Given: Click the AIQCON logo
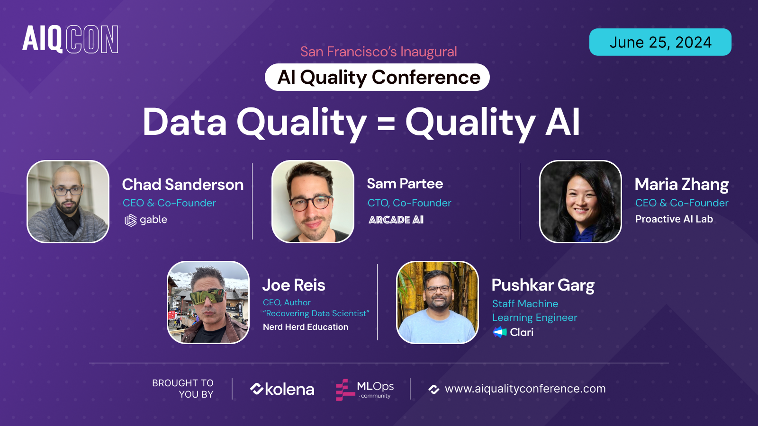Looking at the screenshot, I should [x=70, y=39].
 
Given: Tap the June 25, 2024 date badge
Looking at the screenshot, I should [x=660, y=42].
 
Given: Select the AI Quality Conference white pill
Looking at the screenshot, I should [x=377, y=77].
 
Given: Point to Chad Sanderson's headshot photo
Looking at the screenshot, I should [x=68, y=202].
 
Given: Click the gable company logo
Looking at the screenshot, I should [x=146, y=220].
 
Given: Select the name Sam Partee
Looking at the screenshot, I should [x=405, y=184].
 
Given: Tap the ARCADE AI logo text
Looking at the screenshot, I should [x=396, y=220].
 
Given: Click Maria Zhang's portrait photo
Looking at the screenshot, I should [x=580, y=202].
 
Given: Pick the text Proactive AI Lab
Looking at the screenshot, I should [x=674, y=219].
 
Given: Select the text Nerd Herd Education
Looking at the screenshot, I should [x=306, y=327].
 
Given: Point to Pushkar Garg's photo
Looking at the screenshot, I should [x=437, y=302].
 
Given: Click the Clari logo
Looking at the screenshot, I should [x=514, y=332].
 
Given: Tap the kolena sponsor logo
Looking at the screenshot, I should [x=282, y=389].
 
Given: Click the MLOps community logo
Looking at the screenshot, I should [x=364, y=390].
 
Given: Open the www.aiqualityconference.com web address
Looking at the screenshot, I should [x=525, y=389].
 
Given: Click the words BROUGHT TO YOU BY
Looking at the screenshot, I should [x=183, y=389].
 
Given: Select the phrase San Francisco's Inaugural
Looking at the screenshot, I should [x=379, y=52].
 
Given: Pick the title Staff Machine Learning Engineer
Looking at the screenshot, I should [x=534, y=311].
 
